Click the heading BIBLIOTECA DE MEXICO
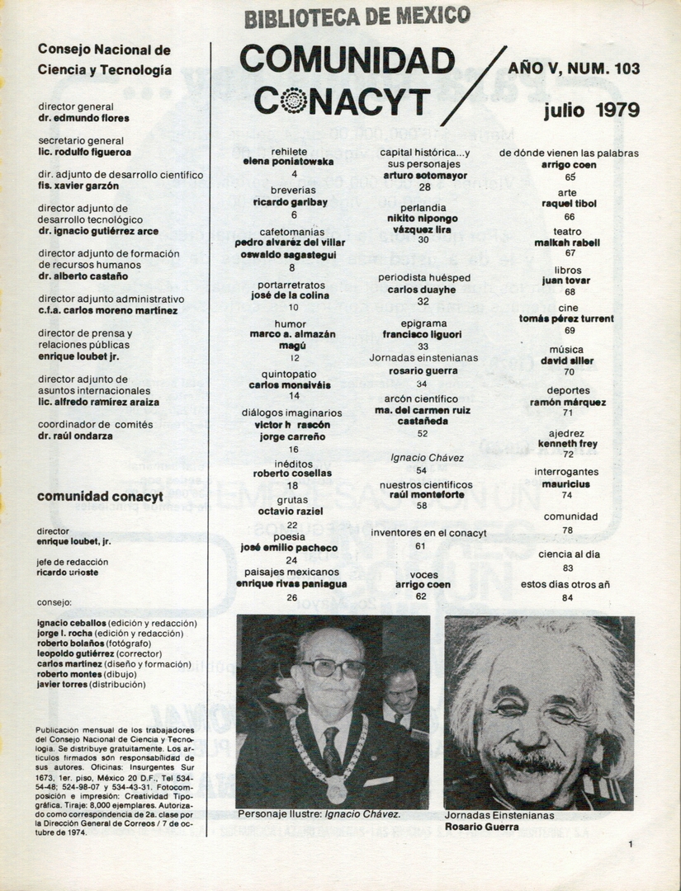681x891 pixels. tap(357, 16)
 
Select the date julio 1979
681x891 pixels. tap(591, 110)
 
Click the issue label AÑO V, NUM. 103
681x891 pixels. tap(574, 68)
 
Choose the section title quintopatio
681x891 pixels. tap(286, 373)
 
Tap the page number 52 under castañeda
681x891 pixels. tap(423, 433)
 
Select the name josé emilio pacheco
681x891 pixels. tap(289, 547)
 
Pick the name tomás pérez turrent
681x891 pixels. tap(566, 318)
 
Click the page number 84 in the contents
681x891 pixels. tap(567, 597)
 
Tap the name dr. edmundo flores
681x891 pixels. tap(83, 118)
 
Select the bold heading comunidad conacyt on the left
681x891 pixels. tap(101, 497)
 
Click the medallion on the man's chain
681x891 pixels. tap(336, 790)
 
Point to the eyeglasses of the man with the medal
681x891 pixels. tap(332, 667)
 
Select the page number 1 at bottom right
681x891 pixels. tap(630, 844)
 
